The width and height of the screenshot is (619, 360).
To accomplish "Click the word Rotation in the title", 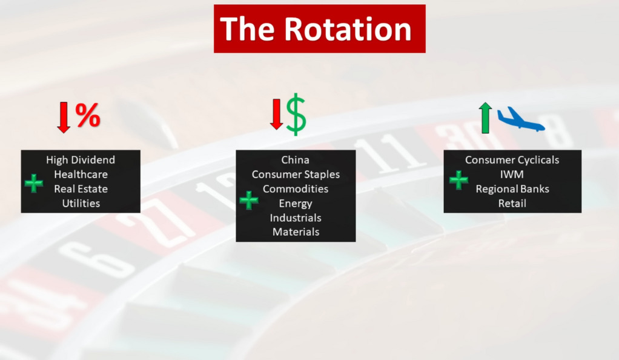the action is (348, 29).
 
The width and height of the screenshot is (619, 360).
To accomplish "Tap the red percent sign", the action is (88, 115).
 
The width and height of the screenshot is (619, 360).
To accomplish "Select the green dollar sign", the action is (296, 115).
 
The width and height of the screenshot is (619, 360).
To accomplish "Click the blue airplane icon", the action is (521, 119).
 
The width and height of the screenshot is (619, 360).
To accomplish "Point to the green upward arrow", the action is (485, 118).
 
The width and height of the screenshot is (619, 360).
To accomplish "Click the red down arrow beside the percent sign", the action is (64, 118).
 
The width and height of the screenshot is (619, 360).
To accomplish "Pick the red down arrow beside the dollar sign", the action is (276, 114).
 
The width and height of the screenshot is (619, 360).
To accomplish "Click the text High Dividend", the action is (81, 159).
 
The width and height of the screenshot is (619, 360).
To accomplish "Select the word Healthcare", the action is (81, 175).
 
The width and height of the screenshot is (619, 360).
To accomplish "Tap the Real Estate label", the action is (81, 189).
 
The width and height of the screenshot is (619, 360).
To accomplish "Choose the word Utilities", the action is (81, 203).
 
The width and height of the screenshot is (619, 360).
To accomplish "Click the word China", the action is (296, 159).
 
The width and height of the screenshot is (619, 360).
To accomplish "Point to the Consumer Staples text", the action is (296, 175).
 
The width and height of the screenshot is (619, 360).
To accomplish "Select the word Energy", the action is (296, 204).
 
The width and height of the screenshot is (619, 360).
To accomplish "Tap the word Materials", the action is (296, 232).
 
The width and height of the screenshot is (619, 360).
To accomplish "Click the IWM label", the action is (512, 175).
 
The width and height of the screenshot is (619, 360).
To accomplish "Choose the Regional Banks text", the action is (512, 189).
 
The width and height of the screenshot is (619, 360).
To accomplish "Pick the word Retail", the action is (512, 203).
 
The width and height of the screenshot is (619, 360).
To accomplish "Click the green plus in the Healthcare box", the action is (34, 184).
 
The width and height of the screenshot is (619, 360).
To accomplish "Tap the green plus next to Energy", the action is (249, 201).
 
